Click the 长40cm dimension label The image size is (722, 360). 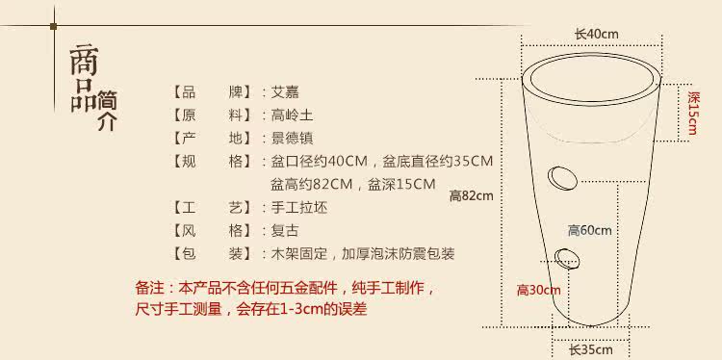pyautogui.click(x=596, y=34)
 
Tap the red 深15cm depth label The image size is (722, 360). pyautogui.click(x=692, y=113)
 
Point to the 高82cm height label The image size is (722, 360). pyautogui.click(x=471, y=196)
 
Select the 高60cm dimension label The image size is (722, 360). pyautogui.click(x=589, y=230)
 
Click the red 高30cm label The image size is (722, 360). pyautogui.click(x=538, y=290)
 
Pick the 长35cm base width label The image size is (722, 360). pyautogui.click(x=591, y=349)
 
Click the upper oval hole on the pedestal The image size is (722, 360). pyautogui.click(x=562, y=177)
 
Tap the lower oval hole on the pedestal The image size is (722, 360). pyautogui.click(x=567, y=258)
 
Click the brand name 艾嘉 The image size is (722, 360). pyautogui.click(x=285, y=92)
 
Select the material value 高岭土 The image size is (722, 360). pyautogui.click(x=292, y=115)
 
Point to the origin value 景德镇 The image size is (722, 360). pyautogui.click(x=292, y=138)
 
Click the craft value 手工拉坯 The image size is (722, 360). pyautogui.click(x=299, y=208)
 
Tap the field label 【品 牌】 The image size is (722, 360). pyautogui.click(x=212, y=92)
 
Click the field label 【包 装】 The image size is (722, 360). pyautogui.click(x=212, y=254)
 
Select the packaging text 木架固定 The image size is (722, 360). pyautogui.click(x=299, y=254)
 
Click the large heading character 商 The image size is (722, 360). pyautogui.click(x=84, y=61)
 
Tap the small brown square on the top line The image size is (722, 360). pyautogui.click(x=54, y=26)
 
